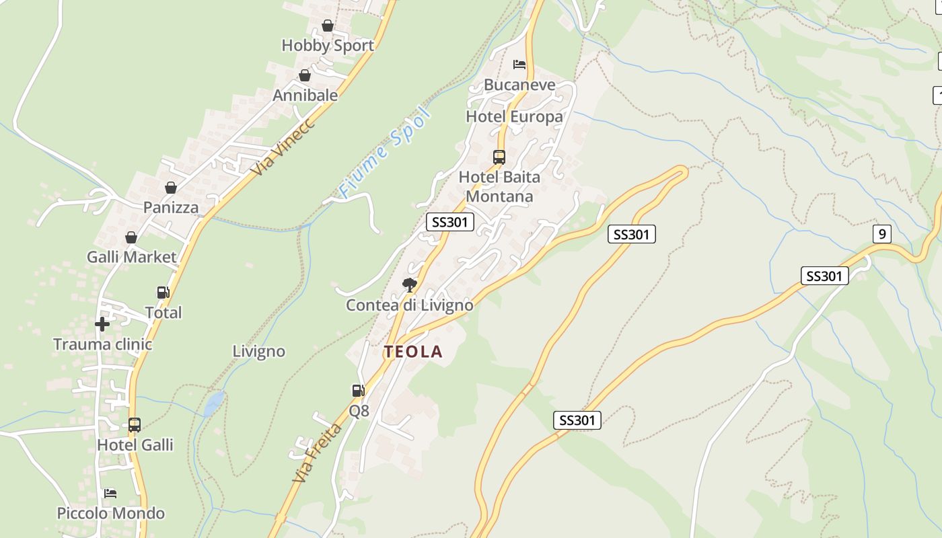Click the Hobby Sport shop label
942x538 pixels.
327,46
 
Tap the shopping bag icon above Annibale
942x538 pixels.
305,75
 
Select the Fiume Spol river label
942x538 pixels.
384,153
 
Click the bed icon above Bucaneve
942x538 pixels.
519,65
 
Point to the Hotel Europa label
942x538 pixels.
514,117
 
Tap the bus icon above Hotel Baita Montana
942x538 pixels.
499,157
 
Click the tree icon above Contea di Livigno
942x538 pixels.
409,285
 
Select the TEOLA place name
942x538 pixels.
413,352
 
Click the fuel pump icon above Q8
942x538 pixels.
358,390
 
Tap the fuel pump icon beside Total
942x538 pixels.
163,293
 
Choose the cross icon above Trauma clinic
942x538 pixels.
102,325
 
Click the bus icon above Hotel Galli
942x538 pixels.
135,425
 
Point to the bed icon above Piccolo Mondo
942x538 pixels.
110,494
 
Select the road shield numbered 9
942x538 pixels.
881,234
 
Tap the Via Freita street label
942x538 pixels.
317,452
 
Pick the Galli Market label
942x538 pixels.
131,257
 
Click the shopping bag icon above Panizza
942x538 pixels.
171,188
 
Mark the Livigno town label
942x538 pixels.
258,352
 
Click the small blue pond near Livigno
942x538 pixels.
214,403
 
